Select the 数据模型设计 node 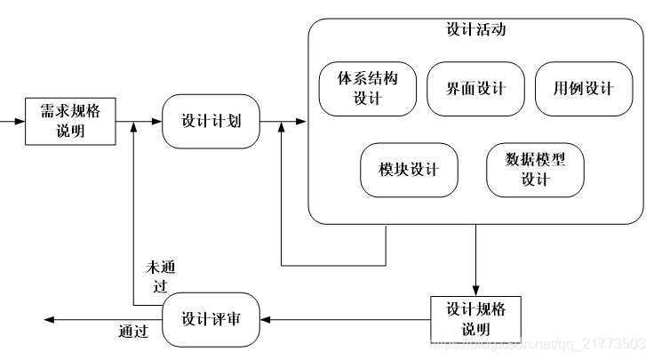(x=535, y=170)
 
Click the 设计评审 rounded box (x=211, y=319)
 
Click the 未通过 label (x=157, y=276)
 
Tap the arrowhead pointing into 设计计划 (x=157, y=122)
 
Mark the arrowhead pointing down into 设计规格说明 (x=475, y=288)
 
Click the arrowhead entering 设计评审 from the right (x=265, y=319)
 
